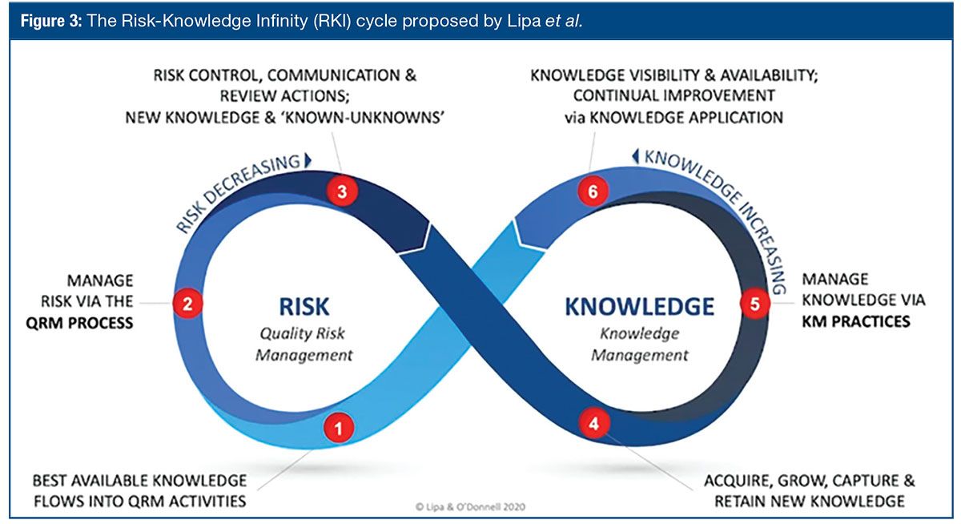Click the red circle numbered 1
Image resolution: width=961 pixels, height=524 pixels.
339,428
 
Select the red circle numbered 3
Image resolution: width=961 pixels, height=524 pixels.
342,192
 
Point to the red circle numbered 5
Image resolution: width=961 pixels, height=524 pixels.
754,304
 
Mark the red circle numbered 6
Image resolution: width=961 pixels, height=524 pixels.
593,193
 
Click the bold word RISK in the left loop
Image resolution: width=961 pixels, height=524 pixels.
304,307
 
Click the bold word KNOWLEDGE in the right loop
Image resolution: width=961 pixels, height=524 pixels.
639,307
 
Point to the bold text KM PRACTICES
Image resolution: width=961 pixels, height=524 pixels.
856,321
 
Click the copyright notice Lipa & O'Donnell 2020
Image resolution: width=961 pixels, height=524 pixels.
470,506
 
